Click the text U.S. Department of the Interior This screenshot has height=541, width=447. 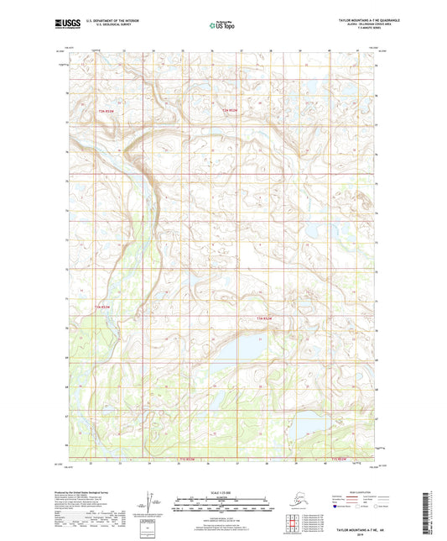(99, 23)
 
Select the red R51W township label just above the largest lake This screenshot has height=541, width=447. (266, 319)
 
